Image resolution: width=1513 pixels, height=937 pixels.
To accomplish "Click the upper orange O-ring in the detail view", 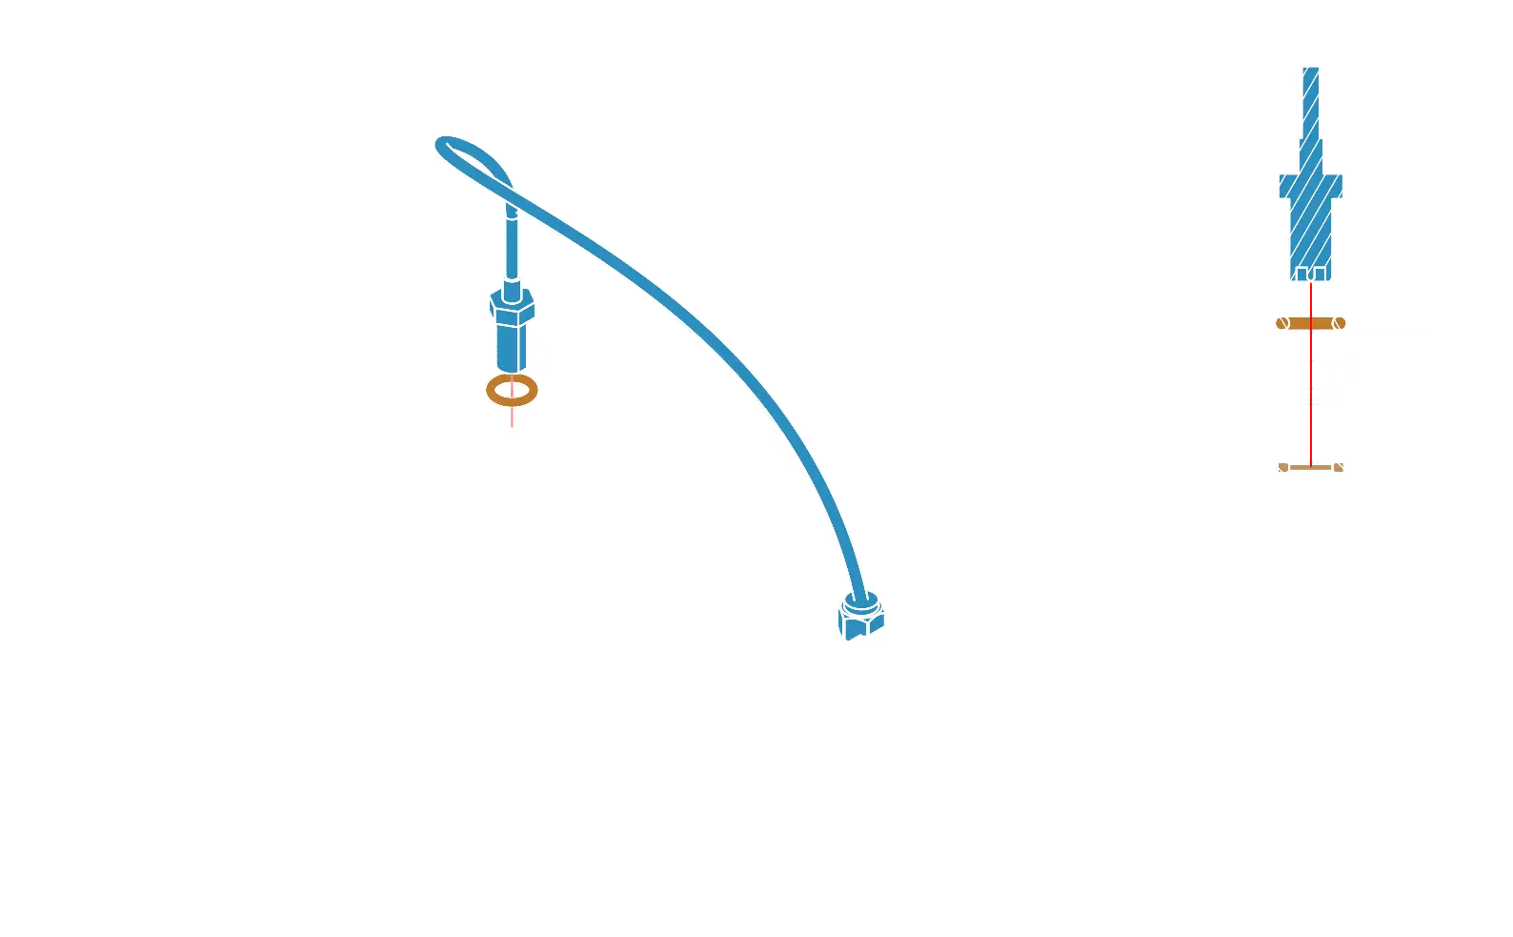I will tap(1310, 323).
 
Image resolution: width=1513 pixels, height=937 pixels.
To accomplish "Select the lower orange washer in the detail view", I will tap(1310, 468).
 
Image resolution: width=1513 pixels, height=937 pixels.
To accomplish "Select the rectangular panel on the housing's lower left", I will tap(324, 648).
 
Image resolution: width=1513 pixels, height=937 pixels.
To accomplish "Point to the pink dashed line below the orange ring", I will tap(513, 418).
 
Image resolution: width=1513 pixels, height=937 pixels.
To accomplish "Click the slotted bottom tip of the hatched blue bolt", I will tap(1311, 275).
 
